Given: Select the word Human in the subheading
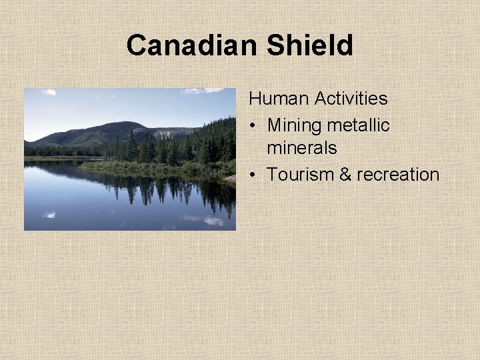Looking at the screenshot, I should pos(279,99).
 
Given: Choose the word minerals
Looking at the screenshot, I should pos(302,148).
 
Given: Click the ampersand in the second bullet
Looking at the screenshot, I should pos(345,175).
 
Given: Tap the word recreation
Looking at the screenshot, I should pos(398,175).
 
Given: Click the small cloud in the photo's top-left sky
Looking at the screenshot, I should pos(49,92).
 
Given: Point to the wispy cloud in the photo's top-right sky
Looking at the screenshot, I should pos(203,91).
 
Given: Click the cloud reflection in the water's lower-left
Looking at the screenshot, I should pos(49,215).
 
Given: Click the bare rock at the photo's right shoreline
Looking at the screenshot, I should pos(230,179).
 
